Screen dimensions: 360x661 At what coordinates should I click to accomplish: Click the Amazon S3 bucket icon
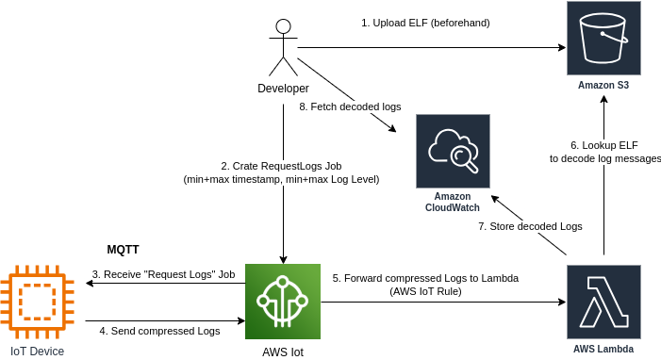click(603, 38)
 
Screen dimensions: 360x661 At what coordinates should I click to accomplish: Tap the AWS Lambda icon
click(603, 302)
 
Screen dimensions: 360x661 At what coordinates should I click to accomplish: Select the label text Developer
click(283, 89)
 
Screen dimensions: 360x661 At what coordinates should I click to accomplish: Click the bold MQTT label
click(123, 250)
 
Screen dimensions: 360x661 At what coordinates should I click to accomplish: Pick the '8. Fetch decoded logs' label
click(350, 107)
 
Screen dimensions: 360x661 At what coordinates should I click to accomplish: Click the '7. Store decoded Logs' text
click(530, 226)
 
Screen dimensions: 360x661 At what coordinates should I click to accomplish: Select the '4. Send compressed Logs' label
click(159, 331)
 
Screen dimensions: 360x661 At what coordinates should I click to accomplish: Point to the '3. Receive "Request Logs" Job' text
click(163, 274)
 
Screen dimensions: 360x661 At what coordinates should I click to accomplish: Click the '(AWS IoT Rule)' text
click(425, 292)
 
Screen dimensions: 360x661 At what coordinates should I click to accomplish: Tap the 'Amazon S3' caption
click(603, 86)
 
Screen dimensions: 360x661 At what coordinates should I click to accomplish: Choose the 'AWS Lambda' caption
click(603, 349)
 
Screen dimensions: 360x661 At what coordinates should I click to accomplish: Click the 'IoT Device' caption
click(38, 352)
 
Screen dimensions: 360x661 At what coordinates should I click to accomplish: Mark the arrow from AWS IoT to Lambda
click(443, 303)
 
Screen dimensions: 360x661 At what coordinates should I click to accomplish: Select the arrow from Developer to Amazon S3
click(434, 47)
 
